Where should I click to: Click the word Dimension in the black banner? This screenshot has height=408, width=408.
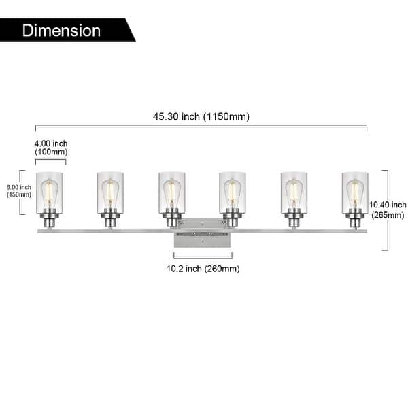pyautogui.click(x=61, y=31)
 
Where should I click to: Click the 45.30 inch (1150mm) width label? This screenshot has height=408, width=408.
pyautogui.click(x=201, y=116)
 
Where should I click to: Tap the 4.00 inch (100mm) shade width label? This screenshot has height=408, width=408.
pyautogui.click(x=51, y=148)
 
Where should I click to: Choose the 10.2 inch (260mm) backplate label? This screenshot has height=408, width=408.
pyautogui.click(x=203, y=269)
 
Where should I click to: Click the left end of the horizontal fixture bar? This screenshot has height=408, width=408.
pyautogui.click(x=39, y=231)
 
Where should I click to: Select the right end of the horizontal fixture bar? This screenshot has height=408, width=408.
pyautogui.click(x=364, y=231)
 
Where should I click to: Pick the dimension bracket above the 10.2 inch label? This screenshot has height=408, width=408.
pyautogui.click(x=203, y=256)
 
